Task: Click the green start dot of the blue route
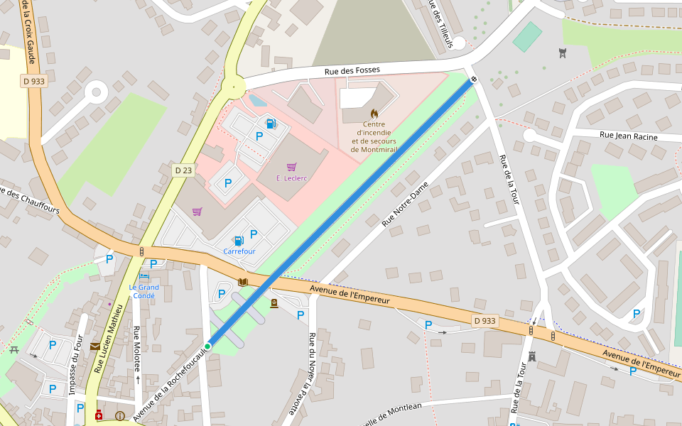(x=207, y=346)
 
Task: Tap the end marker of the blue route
(x=473, y=79)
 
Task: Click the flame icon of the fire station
(x=374, y=113)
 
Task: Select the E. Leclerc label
(x=291, y=178)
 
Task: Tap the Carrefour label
(x=239, y=251)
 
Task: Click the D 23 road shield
(x=183, y=170)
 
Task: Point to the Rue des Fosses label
(x=352, y=70)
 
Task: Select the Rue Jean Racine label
(x=628, y=135)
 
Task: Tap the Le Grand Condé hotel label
(x=144, y=291)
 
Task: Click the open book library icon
(x=243, y=282)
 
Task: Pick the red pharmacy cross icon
(x=99, y=415)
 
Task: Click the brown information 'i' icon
(x=119, y=416)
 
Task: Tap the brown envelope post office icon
(x=95, y=346)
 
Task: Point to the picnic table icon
(x=14, y=349)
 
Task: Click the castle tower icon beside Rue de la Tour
(x=531, y=356)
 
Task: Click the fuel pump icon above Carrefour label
(x=239, y=241)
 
